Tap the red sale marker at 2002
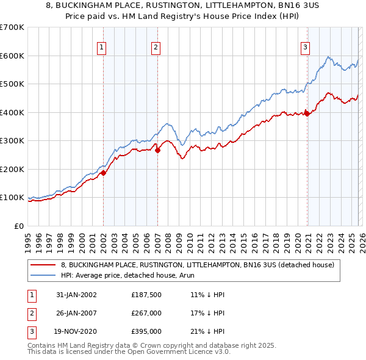tap(104, 173)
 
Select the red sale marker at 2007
tap(157, 150)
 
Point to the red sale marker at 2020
tap(307, 113)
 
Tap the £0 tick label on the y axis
tap(18, 226)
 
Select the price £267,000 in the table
tap(146, 313)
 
